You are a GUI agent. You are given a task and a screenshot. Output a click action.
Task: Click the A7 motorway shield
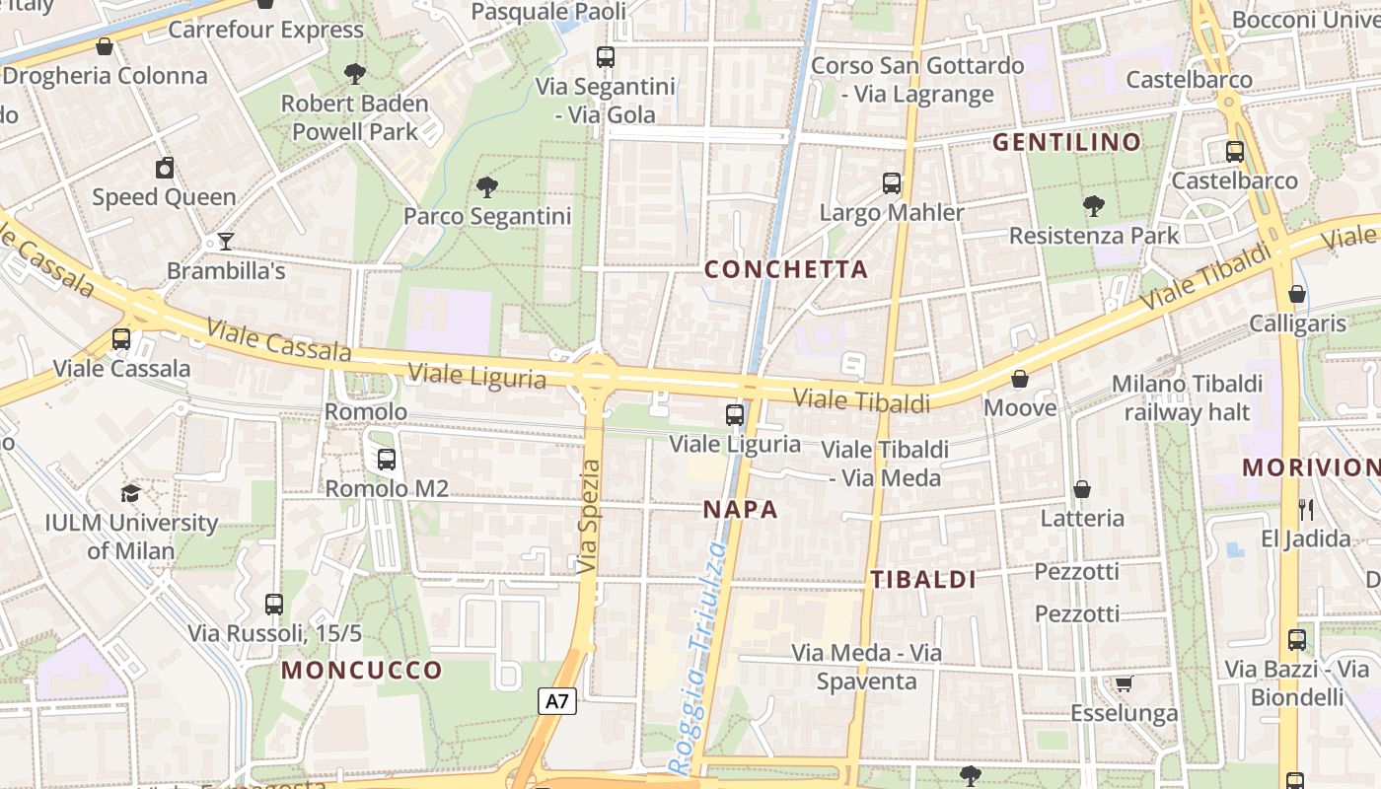(557, 701)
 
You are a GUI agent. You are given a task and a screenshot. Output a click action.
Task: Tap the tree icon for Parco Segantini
(486, 186)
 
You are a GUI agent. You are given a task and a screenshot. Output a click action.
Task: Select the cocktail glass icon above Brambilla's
(226, 242)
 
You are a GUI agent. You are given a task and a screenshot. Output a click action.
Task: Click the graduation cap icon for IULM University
(130, 493)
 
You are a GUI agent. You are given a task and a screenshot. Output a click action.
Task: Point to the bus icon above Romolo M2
(387, 459)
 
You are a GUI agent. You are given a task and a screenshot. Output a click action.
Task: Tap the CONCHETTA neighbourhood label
(786, 269)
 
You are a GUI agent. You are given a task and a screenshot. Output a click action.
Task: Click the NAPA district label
(741, 510)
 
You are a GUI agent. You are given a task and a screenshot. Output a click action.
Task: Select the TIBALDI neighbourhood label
(923, 580)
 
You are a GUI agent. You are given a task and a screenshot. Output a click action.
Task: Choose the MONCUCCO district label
(362, 671)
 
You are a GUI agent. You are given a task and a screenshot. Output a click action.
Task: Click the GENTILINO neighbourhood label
(1066, 142)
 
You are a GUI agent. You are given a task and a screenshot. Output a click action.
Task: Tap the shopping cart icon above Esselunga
(1124, 683)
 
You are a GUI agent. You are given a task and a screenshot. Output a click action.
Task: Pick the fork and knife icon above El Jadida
(1307, 509)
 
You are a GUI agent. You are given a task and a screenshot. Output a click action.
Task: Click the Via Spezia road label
(589, 517)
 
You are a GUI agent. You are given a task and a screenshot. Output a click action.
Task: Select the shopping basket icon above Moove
(1020, 379)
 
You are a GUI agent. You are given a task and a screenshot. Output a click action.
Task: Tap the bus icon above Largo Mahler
(892, 182)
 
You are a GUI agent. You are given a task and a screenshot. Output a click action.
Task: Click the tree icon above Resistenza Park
(1093, 206)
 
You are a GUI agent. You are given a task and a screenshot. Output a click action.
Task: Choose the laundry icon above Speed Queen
(165, 168)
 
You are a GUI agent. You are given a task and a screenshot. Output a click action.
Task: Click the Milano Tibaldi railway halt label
(1187, 397)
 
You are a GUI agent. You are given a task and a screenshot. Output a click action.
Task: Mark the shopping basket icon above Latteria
(1082, 489)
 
